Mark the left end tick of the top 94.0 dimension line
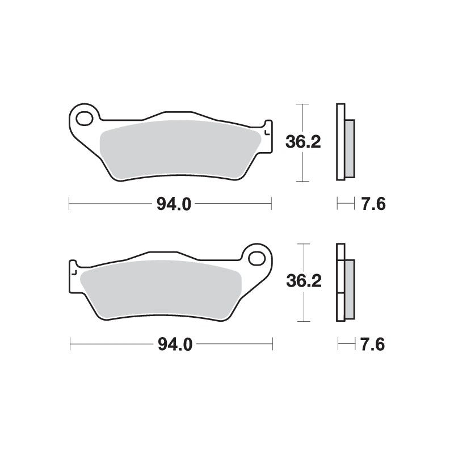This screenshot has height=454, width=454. point(69,203)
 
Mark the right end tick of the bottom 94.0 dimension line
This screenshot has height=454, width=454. point(272,343)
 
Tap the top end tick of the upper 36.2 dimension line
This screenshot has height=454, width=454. point(303,104)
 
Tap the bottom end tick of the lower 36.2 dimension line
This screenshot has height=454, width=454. point(304,321)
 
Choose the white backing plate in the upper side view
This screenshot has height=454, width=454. point(340,142)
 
